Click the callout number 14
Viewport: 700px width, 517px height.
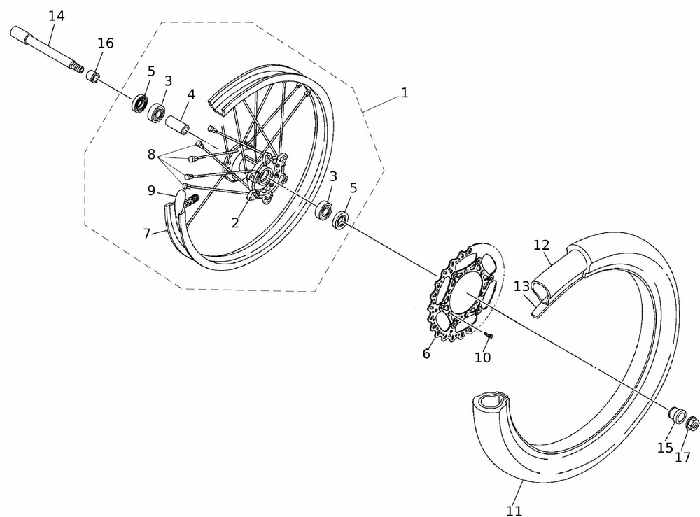click(x=56, y=16)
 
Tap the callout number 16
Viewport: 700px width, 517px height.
click(x=106, y=43)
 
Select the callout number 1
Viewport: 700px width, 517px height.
click(x=405, y=93)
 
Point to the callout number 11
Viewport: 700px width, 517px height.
click(x=514, y=510)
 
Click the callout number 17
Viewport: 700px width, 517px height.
click(x=682, y=457)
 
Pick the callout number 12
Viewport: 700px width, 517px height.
click(x=542, y=244)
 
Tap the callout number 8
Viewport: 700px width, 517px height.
click(x=151, y=155)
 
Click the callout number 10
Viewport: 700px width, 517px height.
click(x=482, y=357)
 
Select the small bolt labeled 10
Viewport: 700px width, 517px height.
click(x=489, y=334)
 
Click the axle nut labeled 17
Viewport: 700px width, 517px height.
click(x=692, y=423)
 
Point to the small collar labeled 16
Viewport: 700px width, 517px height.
click(x=93, y=76)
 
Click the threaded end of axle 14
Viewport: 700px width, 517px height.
click(x=78, y=69)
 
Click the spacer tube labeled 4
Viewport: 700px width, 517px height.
click(x=178, y=125)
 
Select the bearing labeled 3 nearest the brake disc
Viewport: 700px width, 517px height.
click(x=323, y=210)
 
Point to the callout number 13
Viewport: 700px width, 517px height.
click(x=521, y=286)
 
